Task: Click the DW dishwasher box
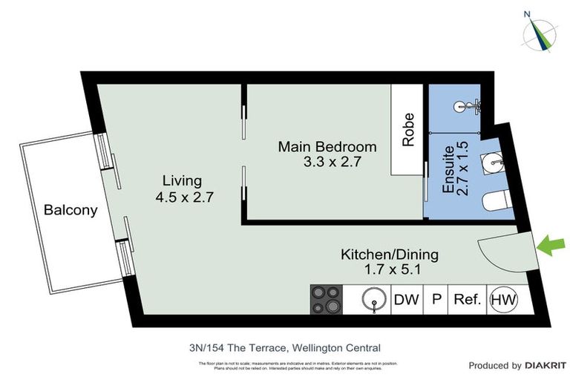coord(405,300)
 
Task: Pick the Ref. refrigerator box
coord(468,300)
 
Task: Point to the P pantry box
coord(437,300)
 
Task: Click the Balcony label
coord(71,210)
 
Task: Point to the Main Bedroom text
coord(327,146)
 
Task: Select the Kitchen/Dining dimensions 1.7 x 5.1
coord(390,270)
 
